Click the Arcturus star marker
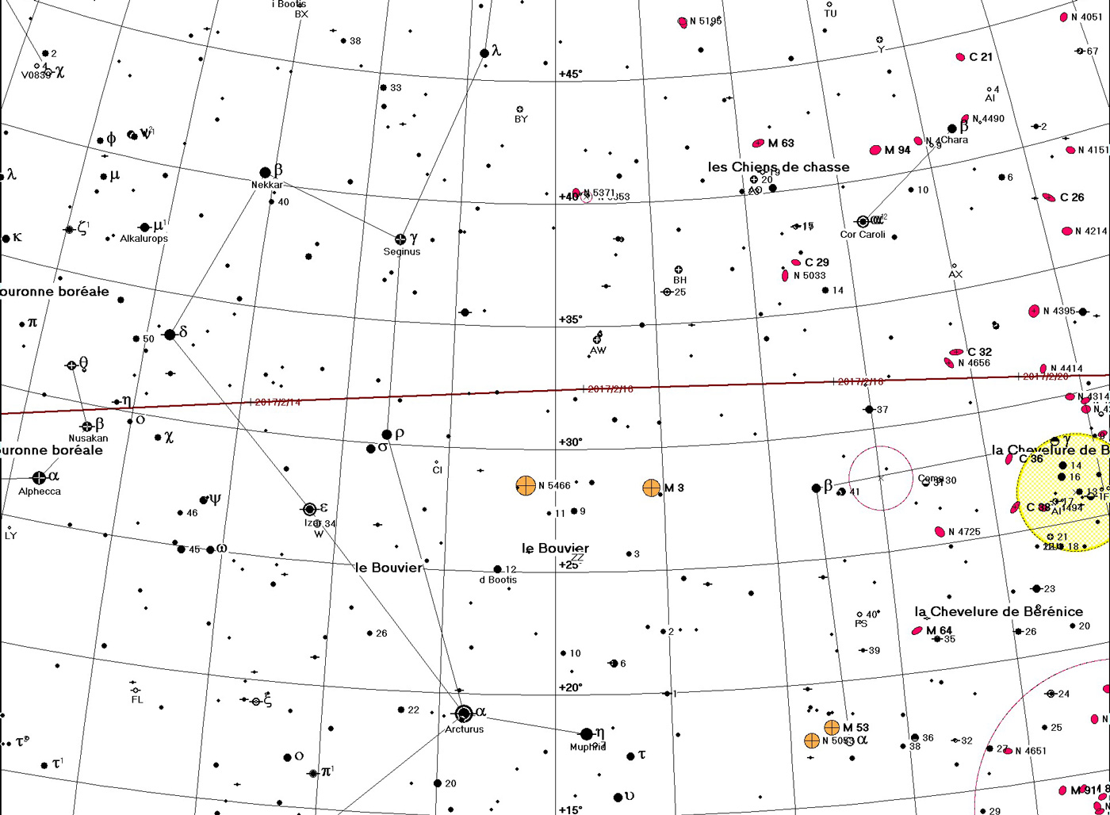(x=465, y=714)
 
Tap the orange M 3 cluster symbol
(x=651, y=488)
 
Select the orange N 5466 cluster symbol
(x=526, y=486)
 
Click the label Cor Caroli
(x=863, y=235)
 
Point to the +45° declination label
(x=570, y=74)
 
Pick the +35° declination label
(x=570, y=319)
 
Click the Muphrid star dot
(x=587, y=734)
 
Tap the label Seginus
(x=401, y=251)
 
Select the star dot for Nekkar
(x=266, y=173)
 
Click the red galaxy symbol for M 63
(x=758, y=143)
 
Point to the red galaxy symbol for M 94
(x=875, y=150)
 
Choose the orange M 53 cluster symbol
(x=832, y=727)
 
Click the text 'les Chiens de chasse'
(x=778, y=167)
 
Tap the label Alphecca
(x=40, y=492)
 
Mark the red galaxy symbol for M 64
(x=918, y=631)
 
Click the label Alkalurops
(x=144, y=239)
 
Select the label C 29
(x=817, y=262)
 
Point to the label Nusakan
(x=88, y=438)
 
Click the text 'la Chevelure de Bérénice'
(x=998, y=611)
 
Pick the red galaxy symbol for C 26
(x=1049, y=197)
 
